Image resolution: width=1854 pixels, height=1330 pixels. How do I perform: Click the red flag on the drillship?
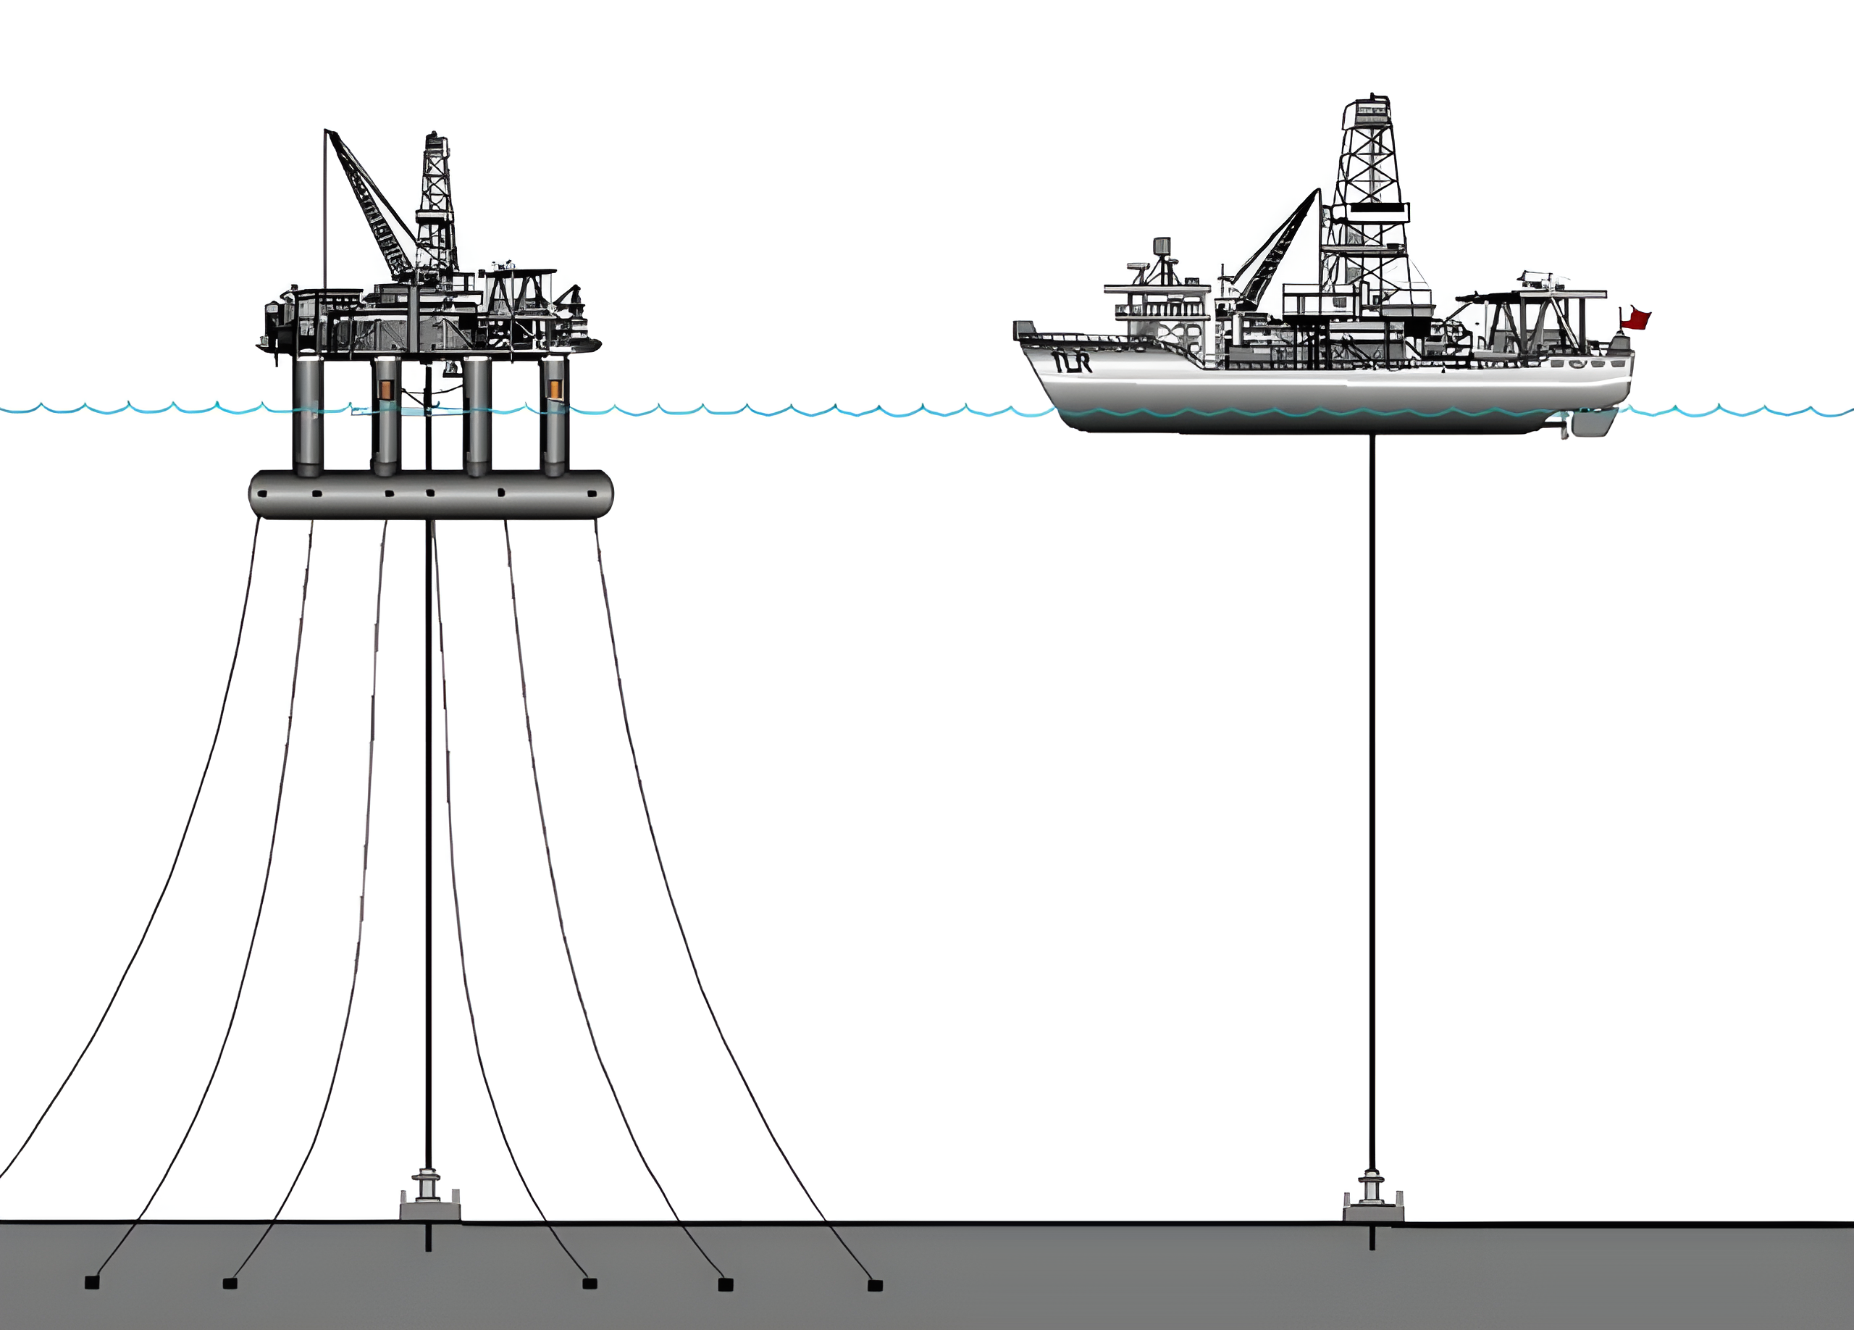click(1636, 319)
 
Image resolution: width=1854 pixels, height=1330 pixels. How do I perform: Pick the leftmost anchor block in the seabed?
click(93, 1283)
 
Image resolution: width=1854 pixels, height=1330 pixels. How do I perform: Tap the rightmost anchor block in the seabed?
click(875, 1285)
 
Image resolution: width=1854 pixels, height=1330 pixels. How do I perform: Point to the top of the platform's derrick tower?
click(436, 138)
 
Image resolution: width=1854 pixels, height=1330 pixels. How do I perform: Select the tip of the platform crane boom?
click(327, 132)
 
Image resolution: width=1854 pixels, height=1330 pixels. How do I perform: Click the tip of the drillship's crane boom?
click(1317, 193)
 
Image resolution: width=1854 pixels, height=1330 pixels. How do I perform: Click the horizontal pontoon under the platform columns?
click(431, 495)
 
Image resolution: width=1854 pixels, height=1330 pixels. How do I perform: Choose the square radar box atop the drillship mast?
click(1161, 246)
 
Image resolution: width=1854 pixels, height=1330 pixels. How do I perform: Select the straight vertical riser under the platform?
click(427, 817)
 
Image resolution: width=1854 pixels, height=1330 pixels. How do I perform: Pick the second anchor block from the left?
click(230, 1284)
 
